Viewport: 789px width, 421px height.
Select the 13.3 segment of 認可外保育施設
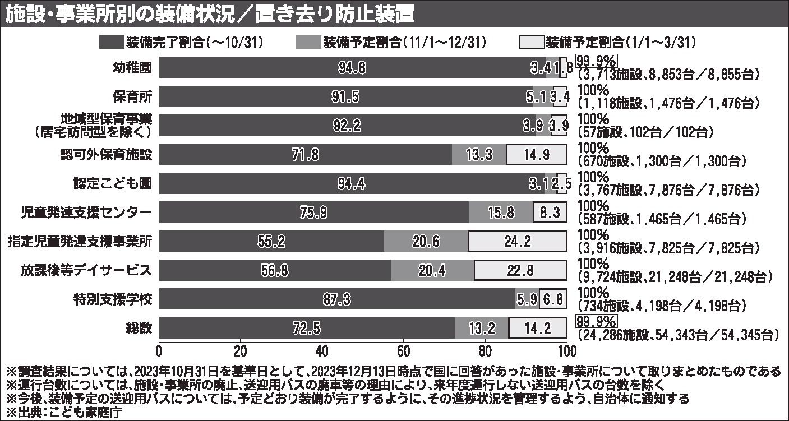click(x=479, y=154)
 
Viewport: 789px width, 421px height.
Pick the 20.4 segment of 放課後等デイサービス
click(x=432, y=271)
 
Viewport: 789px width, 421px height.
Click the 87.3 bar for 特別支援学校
click(x=337, y=300)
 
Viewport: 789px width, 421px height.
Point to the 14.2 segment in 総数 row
click(x=538, y=329)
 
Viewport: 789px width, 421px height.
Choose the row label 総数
click(x=139, y=329)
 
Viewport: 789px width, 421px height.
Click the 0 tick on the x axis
click(x=159, y=352)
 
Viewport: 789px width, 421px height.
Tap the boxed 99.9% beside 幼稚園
click(x=596, y=61)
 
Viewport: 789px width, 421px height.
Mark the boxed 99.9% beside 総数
click(x=596, y=322)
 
